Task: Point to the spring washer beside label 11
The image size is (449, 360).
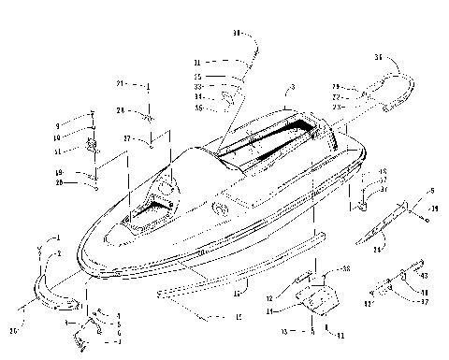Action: pyautogui.click(x=94, y=146)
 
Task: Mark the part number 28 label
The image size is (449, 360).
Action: pyautogui.click(x=133, y=110)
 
